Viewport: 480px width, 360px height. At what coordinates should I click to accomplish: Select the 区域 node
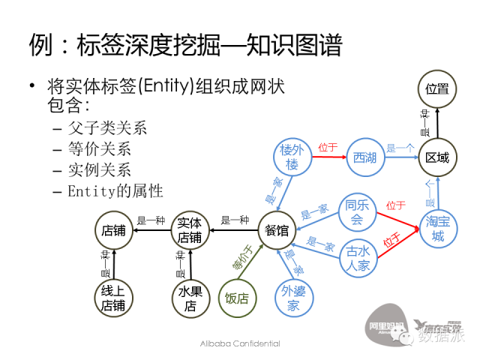click(x=437, y=157)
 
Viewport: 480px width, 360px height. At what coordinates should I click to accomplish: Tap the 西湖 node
click(x=365, y=157)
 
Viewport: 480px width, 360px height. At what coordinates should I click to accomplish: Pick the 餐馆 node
click(x=277, y=230)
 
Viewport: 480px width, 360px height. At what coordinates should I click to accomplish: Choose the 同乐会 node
click(x=356, y=211)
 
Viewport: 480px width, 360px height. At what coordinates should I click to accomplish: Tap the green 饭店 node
click(x=237, y=298)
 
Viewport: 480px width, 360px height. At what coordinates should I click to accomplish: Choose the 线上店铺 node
click(x=113, y=298)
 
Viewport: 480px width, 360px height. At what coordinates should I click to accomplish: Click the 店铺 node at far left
click(x=113, y=230)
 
